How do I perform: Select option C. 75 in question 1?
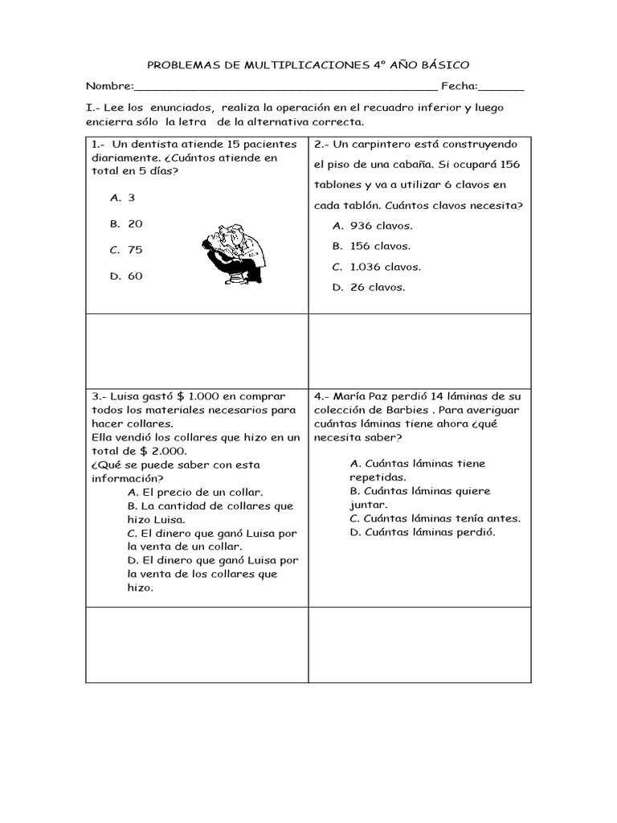tap(126, 250)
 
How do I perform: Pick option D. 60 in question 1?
tap(126, 276)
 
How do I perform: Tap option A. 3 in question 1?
tap(122, 198)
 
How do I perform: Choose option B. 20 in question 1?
tap(126, 223)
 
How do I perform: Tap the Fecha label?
tap(459, 87)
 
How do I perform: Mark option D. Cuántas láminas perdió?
tap(423, 532)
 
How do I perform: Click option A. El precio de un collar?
tap(194, 492)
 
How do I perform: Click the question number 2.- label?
tap(320, 145)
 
